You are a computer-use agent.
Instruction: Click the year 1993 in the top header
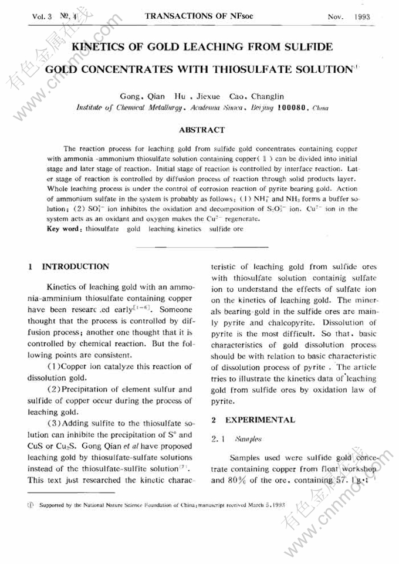point(363,16)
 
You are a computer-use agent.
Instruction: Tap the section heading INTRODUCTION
point(76,266)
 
